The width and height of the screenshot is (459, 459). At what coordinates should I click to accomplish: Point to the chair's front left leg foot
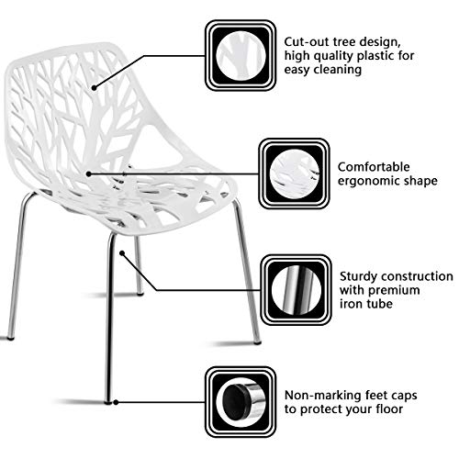[x=108, y=400]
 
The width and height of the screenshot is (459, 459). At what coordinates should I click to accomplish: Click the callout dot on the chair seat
[x=63, y=172]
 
